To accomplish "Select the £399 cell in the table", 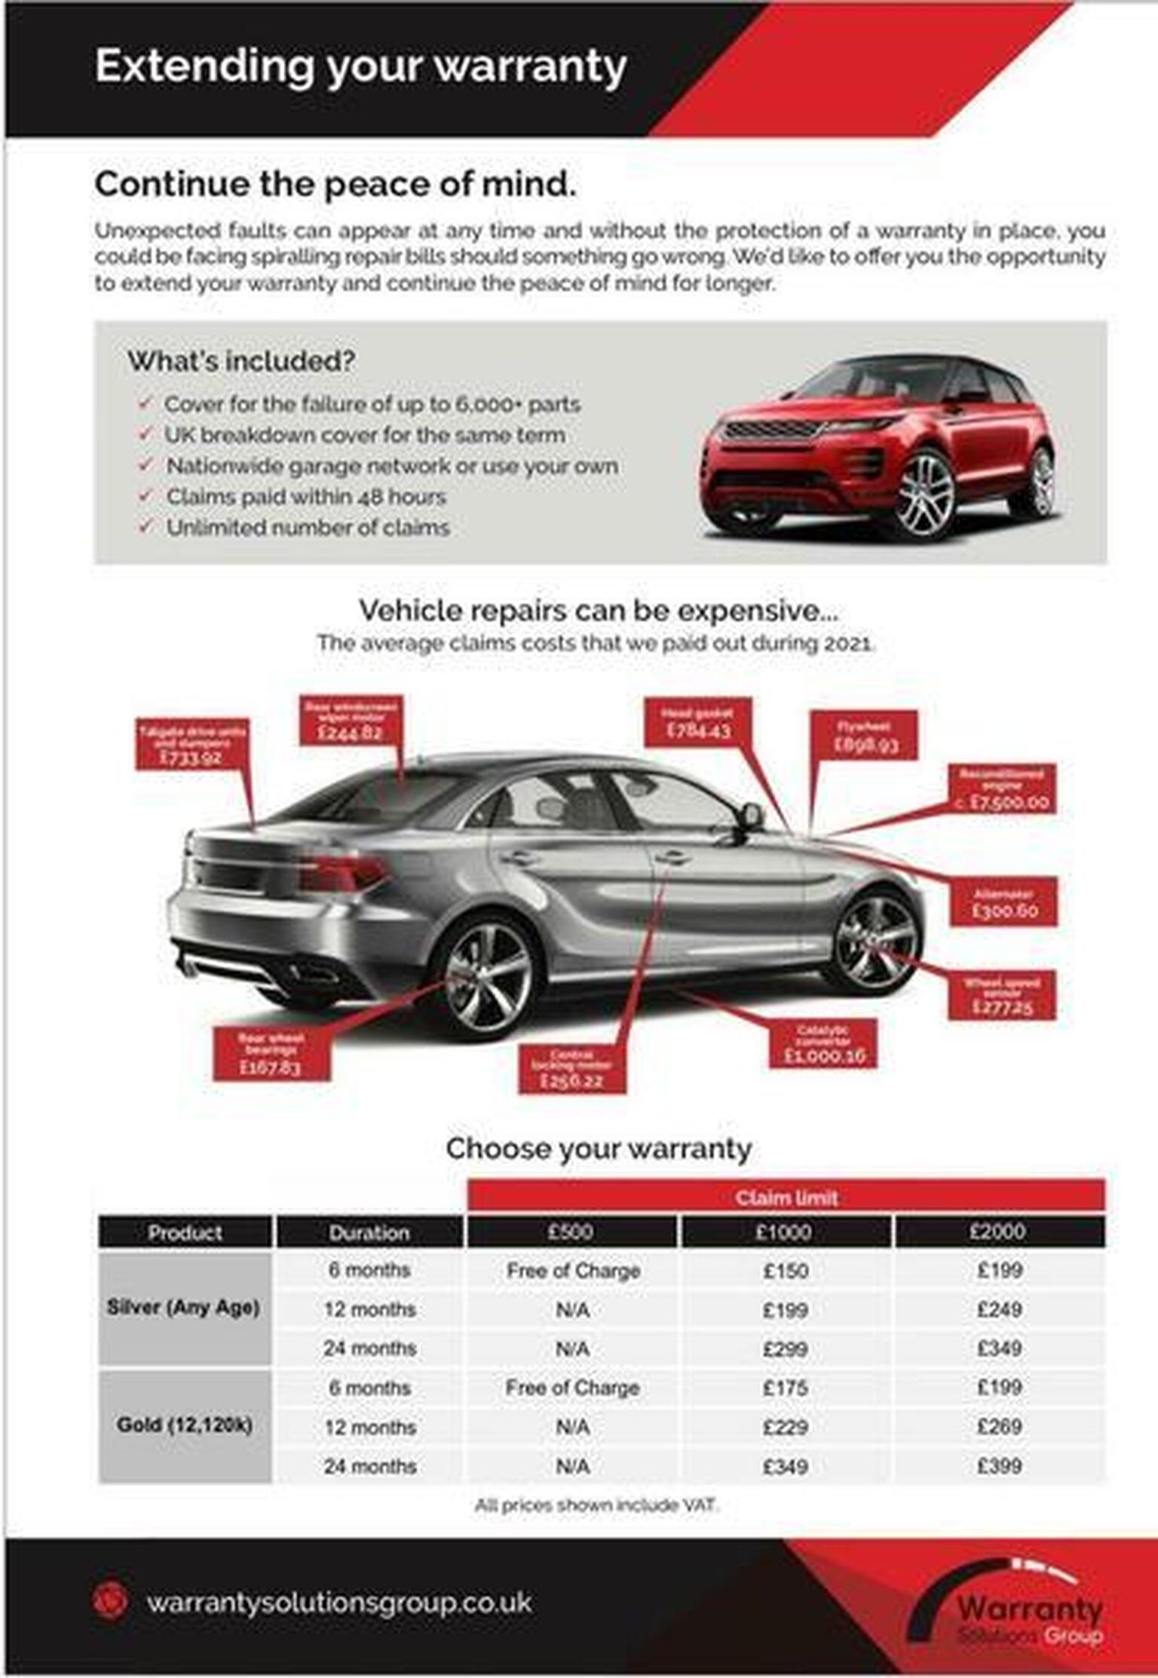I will pos(999,1466).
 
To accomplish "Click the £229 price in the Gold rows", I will pos(786,1427).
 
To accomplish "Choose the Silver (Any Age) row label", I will pos(184,1307).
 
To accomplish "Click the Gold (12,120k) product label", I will pos(184,1425).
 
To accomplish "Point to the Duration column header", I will pos(369,1232).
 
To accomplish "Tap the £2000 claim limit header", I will pos(998,1232).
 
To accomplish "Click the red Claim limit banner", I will pos(786,1197).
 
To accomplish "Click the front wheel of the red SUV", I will pos(924,495).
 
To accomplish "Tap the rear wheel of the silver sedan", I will pos(487,978).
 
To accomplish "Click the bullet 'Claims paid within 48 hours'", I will pos(305,497).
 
